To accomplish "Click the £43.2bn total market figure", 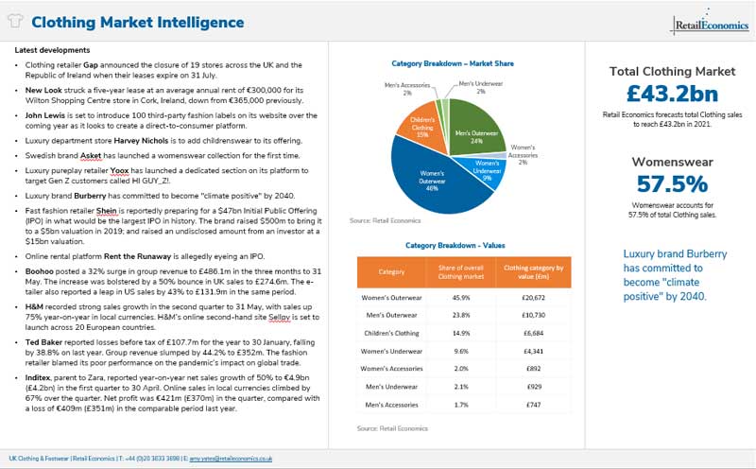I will pyautogui.click(x=671, y=94).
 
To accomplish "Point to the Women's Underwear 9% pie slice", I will pyautogui.click(x=484, y=170).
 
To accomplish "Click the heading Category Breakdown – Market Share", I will pyautogui.click(x=453, y=63).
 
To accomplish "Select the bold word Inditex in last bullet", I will pyautogui.click(x=42, y=377).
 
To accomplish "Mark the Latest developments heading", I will pyautogui.click(x=53, y=50).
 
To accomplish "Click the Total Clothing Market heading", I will pyautogui.click(x=671, y=71).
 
